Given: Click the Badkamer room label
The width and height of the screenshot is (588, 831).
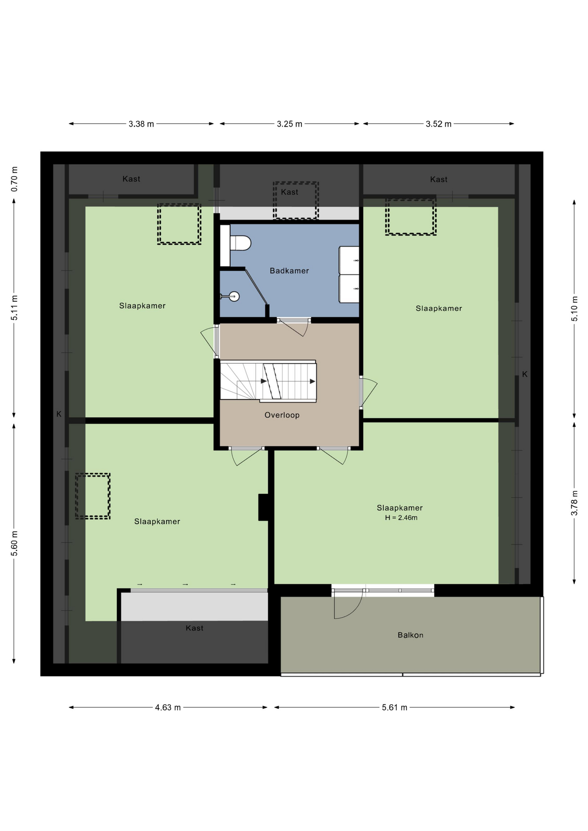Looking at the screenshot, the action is pos(289,271).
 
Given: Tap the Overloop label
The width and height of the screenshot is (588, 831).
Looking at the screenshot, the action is pos(282,415).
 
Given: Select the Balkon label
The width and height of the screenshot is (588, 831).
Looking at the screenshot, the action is pos(410,635).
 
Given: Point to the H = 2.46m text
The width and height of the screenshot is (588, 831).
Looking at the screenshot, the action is pos(401,518).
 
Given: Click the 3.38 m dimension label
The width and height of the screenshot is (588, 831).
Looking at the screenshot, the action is pos(141,124).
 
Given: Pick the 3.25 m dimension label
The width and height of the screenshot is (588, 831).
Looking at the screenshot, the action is pos(290,124).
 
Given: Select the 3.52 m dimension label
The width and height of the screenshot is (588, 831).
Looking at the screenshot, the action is pos(439,124).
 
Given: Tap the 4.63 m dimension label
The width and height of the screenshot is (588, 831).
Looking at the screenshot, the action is pos(168,708).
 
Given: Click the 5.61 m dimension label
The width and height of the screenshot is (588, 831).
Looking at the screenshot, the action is pos(394,708).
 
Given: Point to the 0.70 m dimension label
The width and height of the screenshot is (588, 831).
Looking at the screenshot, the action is pos(15,179).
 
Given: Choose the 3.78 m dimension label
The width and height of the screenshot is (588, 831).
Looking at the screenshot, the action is pos(575,503).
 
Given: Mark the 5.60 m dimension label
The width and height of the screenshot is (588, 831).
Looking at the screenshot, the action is pos(15,543).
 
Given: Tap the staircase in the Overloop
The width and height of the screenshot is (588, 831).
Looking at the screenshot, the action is pos(268,381).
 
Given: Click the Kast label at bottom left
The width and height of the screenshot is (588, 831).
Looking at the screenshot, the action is pos(194,628).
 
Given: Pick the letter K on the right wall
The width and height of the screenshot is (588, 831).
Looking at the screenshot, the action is pos(525,374).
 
